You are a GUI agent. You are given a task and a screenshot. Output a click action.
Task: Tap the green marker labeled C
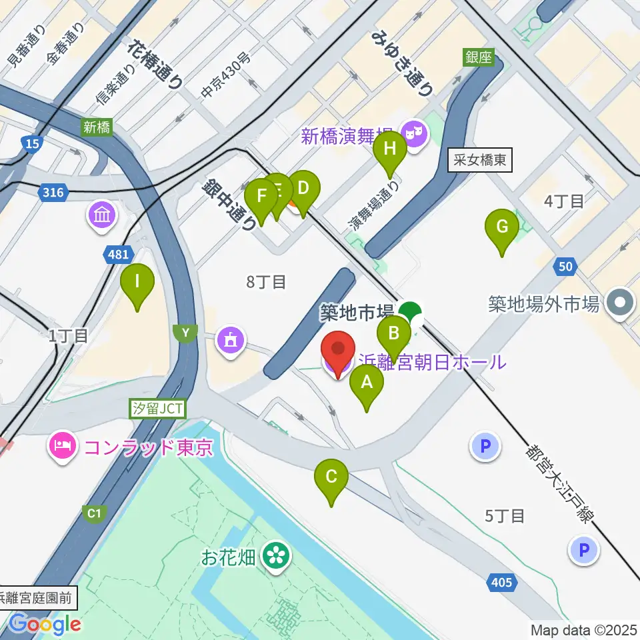(x=331, y=477)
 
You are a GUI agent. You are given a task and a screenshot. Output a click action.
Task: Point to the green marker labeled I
(x=137, y=282)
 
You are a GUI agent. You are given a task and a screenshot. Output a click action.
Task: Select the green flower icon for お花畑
(x=275, y=555)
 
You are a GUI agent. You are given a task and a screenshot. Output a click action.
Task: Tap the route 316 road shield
(x=53, y=193)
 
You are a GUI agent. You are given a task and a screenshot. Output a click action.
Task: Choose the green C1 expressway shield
(x=95, y=513)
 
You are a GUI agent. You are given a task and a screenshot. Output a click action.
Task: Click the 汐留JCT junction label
(x=157, y=409)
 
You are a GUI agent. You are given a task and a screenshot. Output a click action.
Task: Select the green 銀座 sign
(x=478, y=58)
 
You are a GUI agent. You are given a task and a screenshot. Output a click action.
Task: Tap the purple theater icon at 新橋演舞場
(x=415, y=134)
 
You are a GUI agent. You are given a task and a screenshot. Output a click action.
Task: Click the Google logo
(x=45, y=624)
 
